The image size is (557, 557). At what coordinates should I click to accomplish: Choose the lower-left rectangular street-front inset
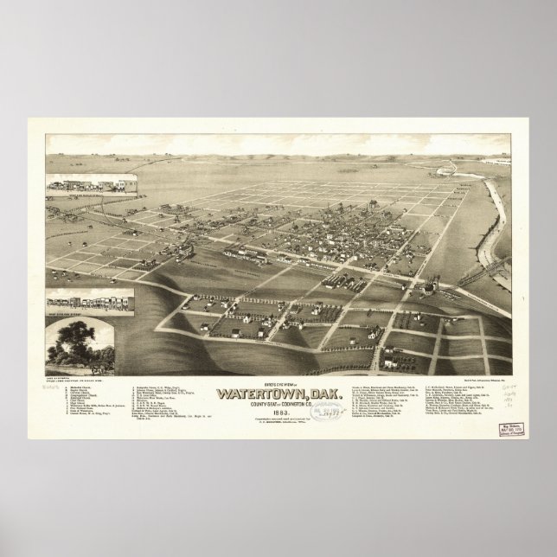point(85,304)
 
